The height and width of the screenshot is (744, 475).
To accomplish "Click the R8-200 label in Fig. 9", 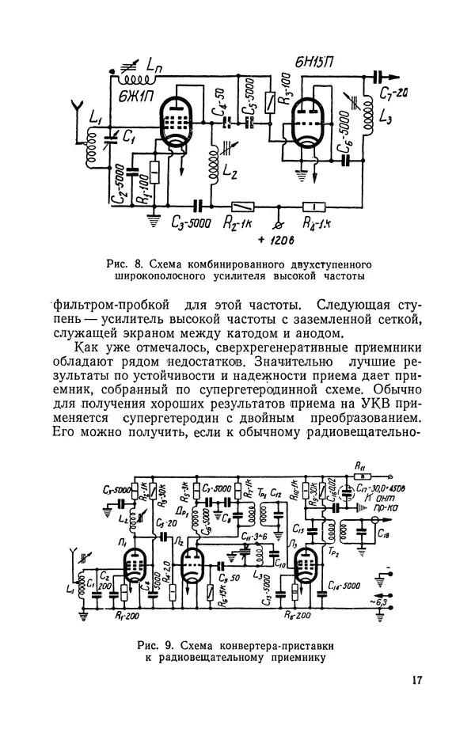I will (x=295, y=613).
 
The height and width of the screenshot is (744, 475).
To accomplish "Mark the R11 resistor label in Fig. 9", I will (x=361, y=465).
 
